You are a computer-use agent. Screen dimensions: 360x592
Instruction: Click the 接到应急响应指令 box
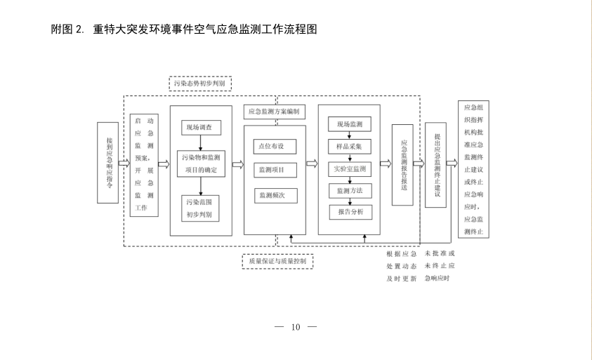(107, 164)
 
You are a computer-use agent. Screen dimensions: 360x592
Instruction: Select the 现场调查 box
(201, 128)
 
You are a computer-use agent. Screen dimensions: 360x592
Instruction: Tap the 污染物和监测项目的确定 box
(201, 164)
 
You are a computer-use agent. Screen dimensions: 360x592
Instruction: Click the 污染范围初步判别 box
(200, 208)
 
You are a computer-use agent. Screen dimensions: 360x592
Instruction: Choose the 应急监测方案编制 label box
(274, 112)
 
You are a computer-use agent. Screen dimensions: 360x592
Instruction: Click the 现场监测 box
(350, 125)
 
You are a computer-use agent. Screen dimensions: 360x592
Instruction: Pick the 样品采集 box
(350, 147)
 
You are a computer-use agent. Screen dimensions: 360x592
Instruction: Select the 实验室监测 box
(350, 169)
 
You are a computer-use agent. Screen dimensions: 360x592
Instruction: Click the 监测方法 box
(350, 191)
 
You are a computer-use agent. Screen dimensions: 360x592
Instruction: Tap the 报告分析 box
(350, 212)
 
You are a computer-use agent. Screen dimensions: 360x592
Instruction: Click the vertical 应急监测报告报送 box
(402, 165)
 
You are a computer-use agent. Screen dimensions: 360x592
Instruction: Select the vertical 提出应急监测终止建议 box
(435, 165)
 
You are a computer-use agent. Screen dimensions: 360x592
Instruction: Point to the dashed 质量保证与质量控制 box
(277, 261)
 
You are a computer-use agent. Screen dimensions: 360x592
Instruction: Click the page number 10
(296, 327)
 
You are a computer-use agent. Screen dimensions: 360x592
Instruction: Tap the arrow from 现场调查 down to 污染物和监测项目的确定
(201, 142)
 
